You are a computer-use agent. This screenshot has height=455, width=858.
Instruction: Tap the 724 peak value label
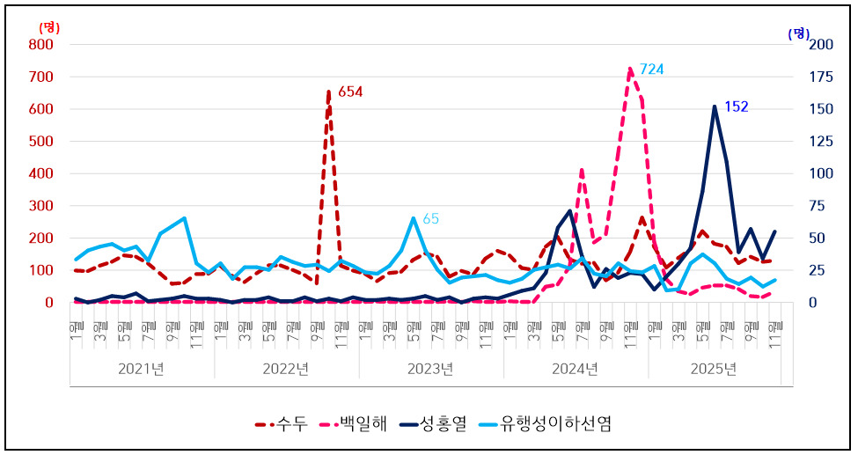[x=651, y=69]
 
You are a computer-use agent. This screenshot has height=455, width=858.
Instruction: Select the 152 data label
[x=736, y=106]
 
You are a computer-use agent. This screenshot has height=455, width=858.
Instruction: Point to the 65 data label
[x=430, y=218]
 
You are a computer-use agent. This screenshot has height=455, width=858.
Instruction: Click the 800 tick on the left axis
[x=41, y=44]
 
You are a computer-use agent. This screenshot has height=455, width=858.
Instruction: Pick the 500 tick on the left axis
[x=41, y=141]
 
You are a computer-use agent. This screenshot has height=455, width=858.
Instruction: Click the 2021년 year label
[x=142, y=368]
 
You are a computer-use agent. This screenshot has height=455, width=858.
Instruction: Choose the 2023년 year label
[x=430, y=368]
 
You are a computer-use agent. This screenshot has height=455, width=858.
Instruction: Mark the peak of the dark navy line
[x=715, y=106]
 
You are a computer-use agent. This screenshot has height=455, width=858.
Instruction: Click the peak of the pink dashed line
[x=630, y=69]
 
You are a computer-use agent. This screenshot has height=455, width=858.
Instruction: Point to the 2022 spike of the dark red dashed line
[x=328, y=92]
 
